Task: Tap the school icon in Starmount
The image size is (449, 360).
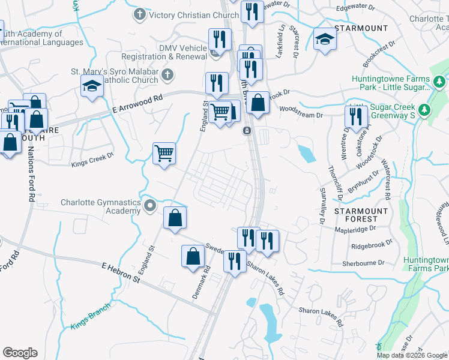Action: [325, 39]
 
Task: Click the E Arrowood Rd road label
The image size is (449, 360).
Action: [137, 106]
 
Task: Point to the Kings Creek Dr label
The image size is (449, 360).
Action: [92, 159]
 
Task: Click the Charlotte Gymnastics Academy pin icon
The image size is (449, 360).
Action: [151, 207]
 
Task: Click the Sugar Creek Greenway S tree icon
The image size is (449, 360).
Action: [425, 109]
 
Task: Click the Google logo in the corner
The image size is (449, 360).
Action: [20, 353]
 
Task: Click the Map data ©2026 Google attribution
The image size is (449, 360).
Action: [412, 355]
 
